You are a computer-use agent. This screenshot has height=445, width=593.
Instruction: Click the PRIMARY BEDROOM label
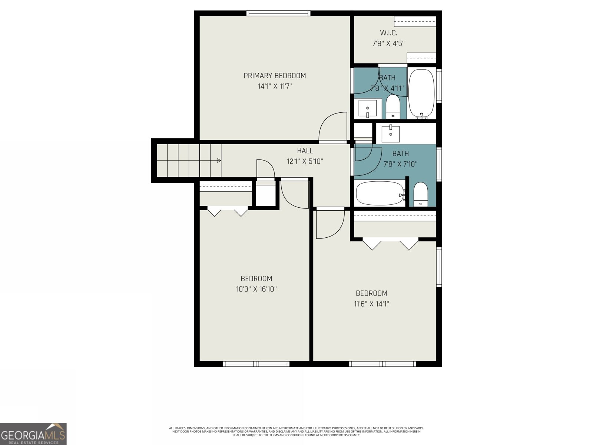click(275, 76)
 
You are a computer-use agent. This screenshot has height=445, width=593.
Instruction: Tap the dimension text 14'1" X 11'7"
click(275, 86)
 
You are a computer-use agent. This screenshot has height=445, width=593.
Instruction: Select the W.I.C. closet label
click(388, 33)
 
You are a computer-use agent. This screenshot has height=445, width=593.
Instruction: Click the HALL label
click(305, 151)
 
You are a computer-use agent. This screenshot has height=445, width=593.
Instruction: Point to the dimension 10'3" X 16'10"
click(256, 289)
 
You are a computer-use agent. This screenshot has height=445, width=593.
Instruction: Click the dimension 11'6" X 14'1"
click(371, 304)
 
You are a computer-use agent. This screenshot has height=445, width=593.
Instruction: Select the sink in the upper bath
click(367, 108)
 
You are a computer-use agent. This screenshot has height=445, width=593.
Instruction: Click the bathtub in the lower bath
click(380, 193)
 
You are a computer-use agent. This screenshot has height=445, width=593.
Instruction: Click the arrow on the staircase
click(219, 161)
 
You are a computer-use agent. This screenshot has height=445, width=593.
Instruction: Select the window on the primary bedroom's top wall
click(278, 14)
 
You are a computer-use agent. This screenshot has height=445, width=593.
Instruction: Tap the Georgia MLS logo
click(33, 434)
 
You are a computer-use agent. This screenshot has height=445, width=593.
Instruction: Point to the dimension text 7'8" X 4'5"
click(388, 43)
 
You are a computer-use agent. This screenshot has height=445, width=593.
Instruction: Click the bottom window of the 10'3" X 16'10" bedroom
click(256, 364)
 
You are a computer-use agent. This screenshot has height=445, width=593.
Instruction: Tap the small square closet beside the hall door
click(266, 194)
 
